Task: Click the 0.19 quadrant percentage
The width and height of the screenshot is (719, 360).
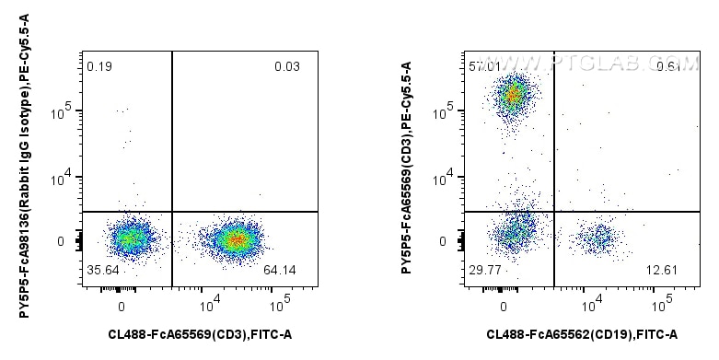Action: (x=99, y=66)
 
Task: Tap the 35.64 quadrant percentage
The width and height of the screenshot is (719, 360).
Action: (x=101, y=271)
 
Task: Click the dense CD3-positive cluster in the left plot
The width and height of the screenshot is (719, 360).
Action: (x=237, y=240)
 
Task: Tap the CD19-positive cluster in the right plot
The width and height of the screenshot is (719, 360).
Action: (x=597, y=239)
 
